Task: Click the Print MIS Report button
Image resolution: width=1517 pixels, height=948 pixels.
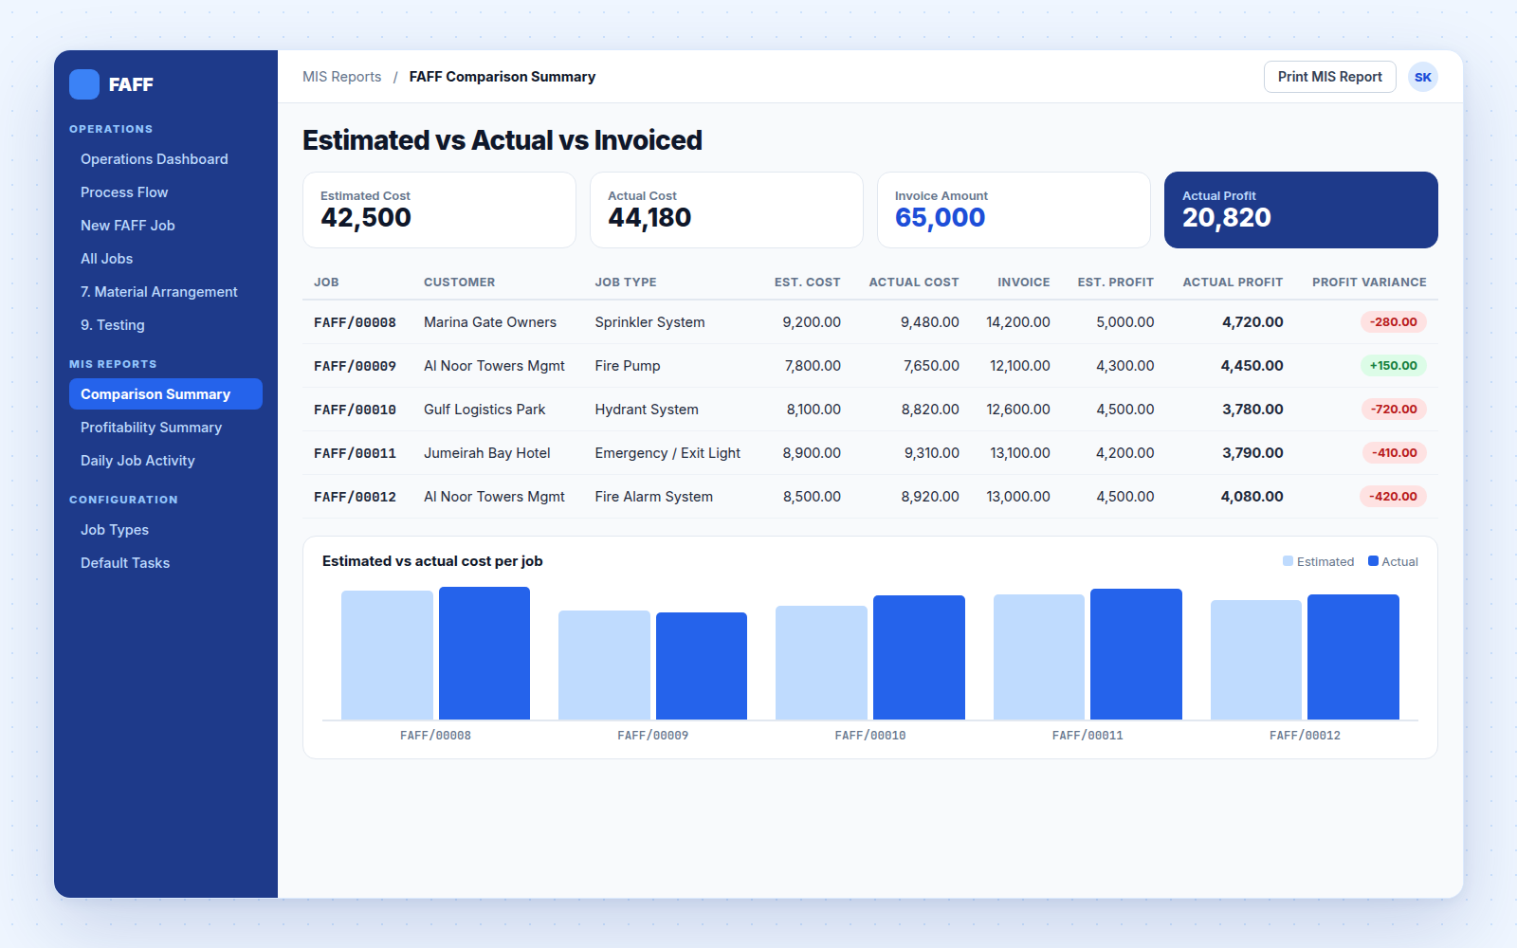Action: pos(1329,77)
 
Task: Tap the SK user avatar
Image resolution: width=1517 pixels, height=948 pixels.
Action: pos(1422,77)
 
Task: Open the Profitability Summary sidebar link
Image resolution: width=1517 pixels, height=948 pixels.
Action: pos(151,428)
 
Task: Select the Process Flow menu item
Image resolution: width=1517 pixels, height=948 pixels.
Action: pos(124,192)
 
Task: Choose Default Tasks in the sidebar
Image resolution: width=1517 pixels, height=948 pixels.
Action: pos(124,563)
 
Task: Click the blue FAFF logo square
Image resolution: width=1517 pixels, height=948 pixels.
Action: pos(84,84)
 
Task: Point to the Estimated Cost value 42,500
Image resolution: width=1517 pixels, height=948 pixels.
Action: pos(366,217)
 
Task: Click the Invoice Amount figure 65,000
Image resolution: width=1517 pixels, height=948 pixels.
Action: pos(940,217)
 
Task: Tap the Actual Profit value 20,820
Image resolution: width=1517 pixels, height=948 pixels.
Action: pos(1227,217)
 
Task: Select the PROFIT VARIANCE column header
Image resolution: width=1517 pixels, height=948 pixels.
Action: pos(1369,283)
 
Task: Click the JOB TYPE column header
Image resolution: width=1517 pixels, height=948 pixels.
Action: pos(626,283)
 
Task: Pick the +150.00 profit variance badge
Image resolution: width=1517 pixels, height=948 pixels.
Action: pos(1393,366)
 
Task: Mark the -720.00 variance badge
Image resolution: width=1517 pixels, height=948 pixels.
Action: pos(1394,409)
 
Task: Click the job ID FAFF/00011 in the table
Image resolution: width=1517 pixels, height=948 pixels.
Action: pos(355,453)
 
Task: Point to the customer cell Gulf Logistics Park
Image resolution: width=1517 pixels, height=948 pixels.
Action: pos(484,410)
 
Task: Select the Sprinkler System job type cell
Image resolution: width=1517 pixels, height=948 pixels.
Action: pos(649,322)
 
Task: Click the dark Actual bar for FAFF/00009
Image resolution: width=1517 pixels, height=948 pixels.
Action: pos(702,665)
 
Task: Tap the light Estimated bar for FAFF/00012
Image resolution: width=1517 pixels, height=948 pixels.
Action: pos(1256,660)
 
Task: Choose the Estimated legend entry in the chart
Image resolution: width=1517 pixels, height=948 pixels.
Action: pos(1318,561)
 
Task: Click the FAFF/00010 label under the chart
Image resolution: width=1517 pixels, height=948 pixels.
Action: pos(870,736)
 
